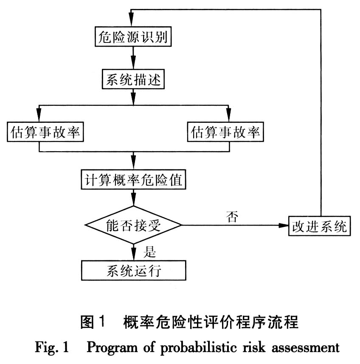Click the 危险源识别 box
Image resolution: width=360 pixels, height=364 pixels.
(x=134, y=38)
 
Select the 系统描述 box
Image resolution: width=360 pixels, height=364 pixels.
(x=134, y=79)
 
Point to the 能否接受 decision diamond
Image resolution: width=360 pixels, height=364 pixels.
(x=133, y=224)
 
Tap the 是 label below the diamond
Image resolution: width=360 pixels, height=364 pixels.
(x=150, y=252)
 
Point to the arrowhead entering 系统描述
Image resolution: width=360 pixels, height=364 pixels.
(x=134, y=65)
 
